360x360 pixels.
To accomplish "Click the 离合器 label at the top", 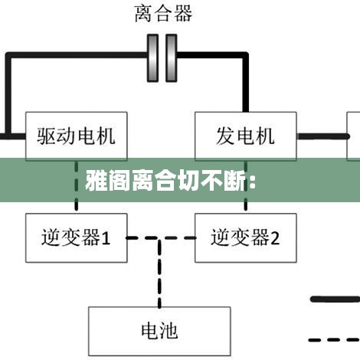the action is coord(163,14).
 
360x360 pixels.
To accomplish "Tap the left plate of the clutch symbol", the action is coord(152,58).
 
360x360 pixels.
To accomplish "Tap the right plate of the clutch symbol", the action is coord(172,58).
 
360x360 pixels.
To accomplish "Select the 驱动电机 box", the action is coord(77,136).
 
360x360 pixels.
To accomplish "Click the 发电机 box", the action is coord(246,136).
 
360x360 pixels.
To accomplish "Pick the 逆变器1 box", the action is coord(77,238).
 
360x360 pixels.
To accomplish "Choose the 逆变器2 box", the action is coord(246,238).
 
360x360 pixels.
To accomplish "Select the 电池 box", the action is coord(159,331).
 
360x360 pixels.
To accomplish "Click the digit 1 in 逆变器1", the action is coord(106,238).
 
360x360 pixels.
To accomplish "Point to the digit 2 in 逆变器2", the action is coord(275,238).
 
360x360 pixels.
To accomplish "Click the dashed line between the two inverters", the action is coord(161,238).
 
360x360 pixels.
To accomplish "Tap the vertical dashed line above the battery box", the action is coord(159,273).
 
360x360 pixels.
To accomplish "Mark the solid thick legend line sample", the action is coord(335,299).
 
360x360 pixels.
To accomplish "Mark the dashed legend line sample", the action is coord(334,340).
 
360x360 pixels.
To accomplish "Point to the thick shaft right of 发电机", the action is coord(323,136).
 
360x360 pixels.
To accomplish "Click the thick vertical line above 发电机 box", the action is coord(246,83).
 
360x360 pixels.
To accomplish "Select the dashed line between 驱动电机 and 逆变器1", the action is coord(77,187).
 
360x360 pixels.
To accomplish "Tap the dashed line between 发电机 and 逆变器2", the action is coord(246,187).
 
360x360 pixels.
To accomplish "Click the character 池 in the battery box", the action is coord(169,331).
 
